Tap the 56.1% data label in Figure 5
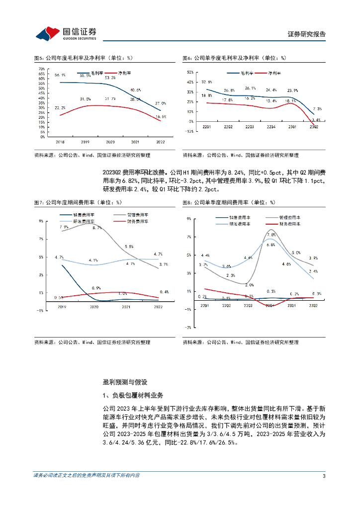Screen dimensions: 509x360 point(60,75)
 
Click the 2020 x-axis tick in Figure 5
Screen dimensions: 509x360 point(110,142)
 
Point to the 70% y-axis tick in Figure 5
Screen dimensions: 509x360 point(42,69)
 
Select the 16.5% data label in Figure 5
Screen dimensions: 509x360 point(161,117)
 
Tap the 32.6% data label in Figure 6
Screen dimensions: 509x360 point(207,82)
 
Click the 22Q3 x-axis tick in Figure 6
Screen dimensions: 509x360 point(250,127)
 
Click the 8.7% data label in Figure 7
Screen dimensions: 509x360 point(97,228)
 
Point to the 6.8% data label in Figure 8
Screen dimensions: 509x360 point(271,245)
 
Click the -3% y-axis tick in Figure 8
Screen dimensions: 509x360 point(188,328)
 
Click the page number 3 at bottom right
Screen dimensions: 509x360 point(324,476)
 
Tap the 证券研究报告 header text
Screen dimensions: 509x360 point(307,34)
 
